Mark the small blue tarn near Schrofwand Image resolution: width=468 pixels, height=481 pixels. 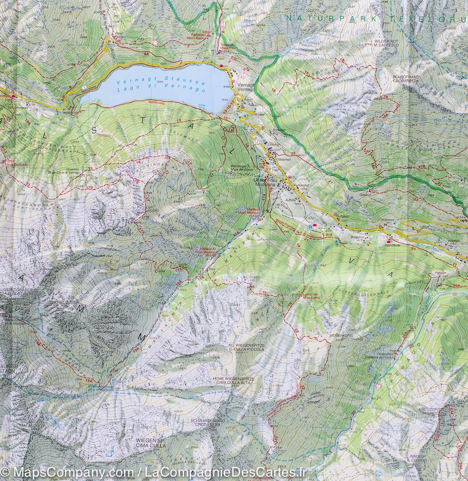click(x=380, y=73)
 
